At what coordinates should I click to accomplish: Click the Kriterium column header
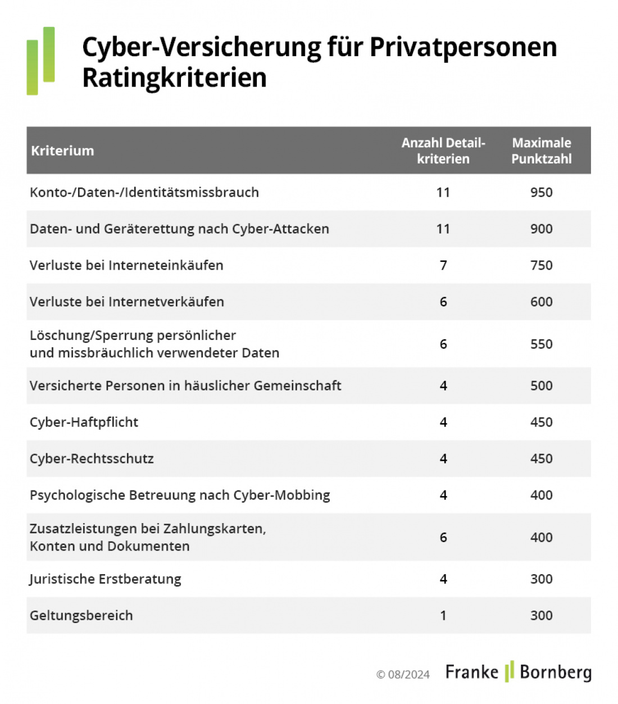62,151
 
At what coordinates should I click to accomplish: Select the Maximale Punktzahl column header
541,151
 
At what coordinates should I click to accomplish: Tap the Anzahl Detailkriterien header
443,151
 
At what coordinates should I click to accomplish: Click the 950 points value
541,192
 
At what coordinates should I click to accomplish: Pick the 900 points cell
541,229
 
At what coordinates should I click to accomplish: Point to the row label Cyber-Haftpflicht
84,422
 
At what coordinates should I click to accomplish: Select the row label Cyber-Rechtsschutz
92,458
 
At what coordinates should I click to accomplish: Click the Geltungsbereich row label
81,615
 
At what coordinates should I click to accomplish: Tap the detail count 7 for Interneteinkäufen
443,265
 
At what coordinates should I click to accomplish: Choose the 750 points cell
541,265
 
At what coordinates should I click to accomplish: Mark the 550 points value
541,344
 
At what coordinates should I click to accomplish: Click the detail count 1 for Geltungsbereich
443,615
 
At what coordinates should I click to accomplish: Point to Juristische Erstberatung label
105,579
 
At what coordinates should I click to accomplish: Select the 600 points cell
541,302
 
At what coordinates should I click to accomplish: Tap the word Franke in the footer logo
472,672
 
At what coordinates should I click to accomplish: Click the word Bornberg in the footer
556,673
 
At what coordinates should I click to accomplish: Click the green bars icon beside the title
40,61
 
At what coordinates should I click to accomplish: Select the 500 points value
541,385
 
